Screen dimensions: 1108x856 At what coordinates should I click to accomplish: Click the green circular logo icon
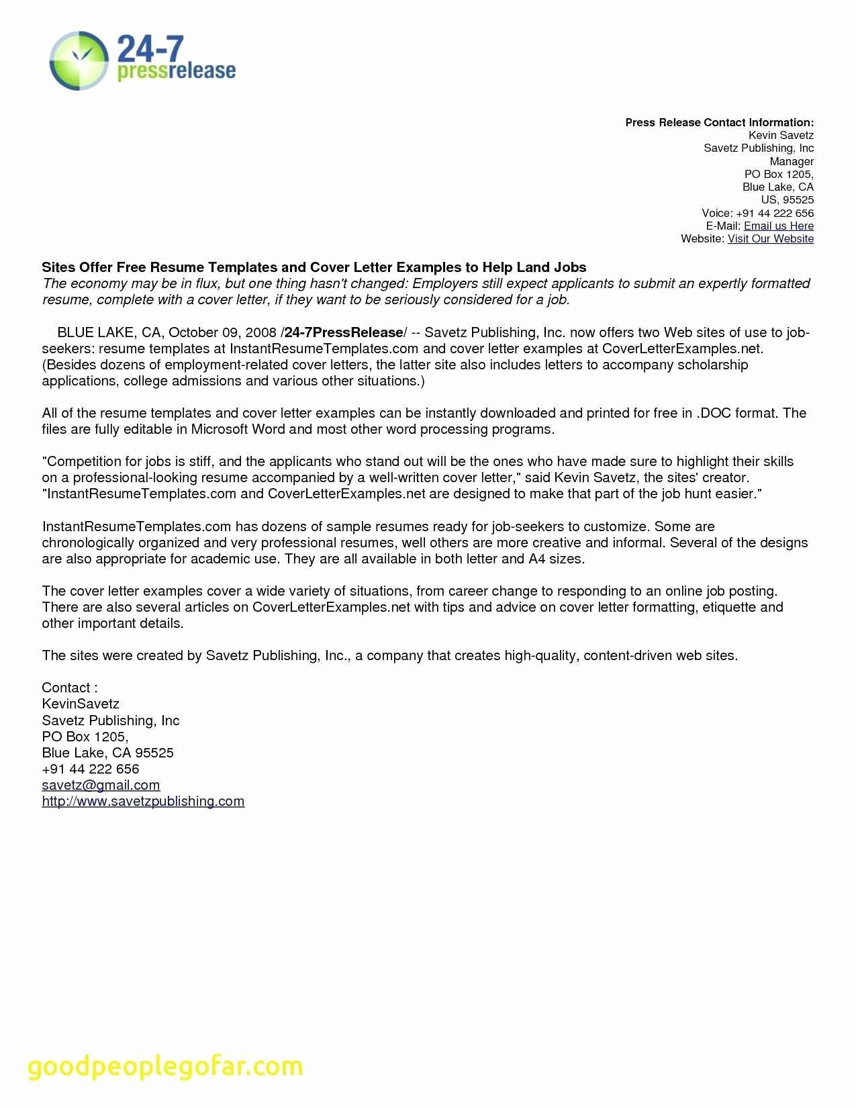pos(79,60)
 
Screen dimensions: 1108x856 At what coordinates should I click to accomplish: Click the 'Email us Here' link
pos(778,226)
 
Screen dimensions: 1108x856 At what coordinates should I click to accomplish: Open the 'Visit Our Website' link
pos(770,238)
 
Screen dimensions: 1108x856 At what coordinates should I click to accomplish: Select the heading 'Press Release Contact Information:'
pos(719,122)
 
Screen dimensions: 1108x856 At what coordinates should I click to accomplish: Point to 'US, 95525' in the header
pos(787,199)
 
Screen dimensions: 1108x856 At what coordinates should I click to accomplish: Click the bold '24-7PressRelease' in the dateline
pos(343,332)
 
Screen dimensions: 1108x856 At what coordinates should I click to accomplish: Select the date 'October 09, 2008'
pos(222,332)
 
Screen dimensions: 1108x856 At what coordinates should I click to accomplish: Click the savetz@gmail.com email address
pos(101,785)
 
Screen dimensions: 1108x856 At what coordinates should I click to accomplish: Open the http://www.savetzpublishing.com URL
pos(143,801)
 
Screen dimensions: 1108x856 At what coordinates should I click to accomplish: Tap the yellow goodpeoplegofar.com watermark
pos(165,1066)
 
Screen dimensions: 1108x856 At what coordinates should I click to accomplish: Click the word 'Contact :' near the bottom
pos(70,688)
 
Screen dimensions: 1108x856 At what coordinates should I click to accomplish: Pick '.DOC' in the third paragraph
pos(713,413)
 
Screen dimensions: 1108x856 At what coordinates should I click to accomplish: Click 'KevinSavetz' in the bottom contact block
pos(81,704)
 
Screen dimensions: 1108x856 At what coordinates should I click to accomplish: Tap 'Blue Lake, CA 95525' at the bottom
pos(107,753)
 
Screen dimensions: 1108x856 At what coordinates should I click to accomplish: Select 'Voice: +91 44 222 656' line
pos(757,213)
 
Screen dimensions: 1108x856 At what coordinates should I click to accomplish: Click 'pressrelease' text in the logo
pos(177,71)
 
